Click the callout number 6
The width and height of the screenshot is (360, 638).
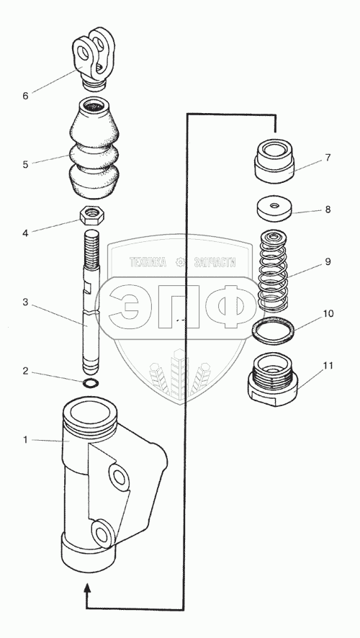pyautogui.click(x=25, y=96)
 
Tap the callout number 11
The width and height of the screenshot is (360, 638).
pyautogui.click(x=328, y=366)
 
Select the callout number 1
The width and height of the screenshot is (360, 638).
pyautogui.click(x=25, y=440)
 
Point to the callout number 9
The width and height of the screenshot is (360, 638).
pyautogui.click(x=328, y=261)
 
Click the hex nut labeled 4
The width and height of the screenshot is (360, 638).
pyautogui.click(x=93, y=215)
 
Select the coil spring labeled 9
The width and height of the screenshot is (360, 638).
pyautogui.click(x=274, y=271)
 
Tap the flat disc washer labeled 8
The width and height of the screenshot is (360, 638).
pyautogui.click(x=274, y=209)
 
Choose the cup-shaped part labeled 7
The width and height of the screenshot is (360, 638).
pyautogui.click(x=274, y=160)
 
